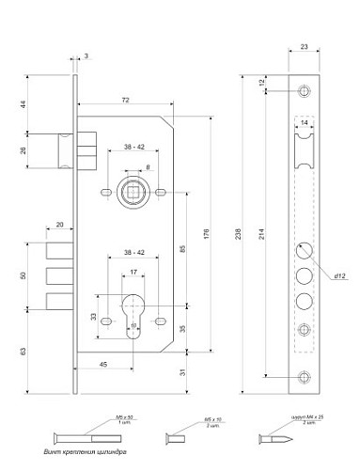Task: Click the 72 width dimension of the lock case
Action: (x=125, y=99)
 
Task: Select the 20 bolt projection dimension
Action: (x=60, y=225)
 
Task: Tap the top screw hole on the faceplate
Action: (x=304, y=91)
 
